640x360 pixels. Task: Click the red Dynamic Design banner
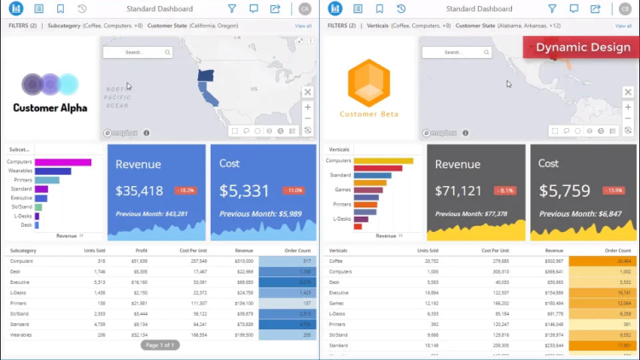click(583, 47)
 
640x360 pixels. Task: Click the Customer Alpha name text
click(50, 108)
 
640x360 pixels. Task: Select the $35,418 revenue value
click(139, 191)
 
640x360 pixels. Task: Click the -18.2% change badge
click(185, 191)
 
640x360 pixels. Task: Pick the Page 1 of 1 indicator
click(160, 345)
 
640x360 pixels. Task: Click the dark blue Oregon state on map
click(206, 75)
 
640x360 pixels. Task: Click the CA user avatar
click(305, 9)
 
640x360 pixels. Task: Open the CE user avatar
click(627, 9)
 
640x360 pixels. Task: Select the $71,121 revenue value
click(458, 191)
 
